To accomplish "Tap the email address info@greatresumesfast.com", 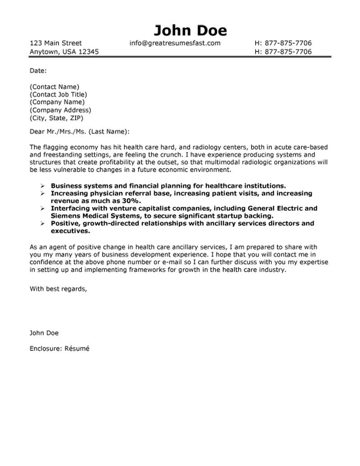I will pyautogui.click(x=175, y=43).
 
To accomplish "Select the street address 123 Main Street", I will pyautogui.click(x=56, y=43).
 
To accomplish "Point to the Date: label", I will pyautogui.click(x=38, y=71).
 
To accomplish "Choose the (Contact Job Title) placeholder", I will pyautogui.click(x=58, y=95).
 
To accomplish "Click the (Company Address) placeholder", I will pyautogui.click(x=60, y=110).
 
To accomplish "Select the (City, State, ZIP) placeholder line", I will pyautogui.click(x=56, y=118).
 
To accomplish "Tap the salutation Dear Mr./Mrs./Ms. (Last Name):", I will pyautogui.click(x=79, y=131).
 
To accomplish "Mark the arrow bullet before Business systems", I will pyautogui.click(x=42, y=185).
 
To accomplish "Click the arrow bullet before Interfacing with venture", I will pyautogui.click(x=42, y=208).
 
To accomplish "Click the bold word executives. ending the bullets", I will pyautogui.click(x=71, y=231).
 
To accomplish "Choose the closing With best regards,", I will pyautogui.click(x=58, y=289).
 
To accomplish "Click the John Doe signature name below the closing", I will pyautogui.click(x=44, y=333).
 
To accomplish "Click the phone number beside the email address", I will pyautogui.click(x=283, y=43).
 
